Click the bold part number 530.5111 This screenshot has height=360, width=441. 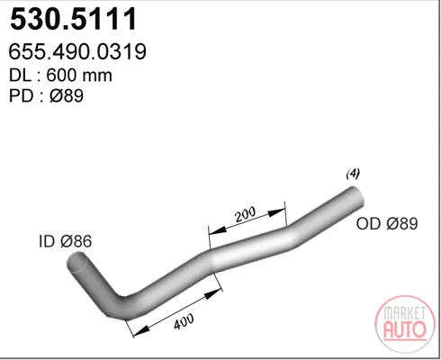(x=74, y=19)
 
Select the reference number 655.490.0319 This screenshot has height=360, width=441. (x=77, y=51)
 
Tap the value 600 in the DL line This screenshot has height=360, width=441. (x=61, y=75)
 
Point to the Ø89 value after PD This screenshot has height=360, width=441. (x=67, y=96)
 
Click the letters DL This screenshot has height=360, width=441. (x=20, y=75)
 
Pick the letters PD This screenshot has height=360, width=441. (x=21, y=96)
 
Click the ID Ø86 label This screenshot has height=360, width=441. (x=66, y=241)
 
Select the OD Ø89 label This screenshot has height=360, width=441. (x=387, y=223)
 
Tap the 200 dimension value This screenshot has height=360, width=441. (x=246, y=214)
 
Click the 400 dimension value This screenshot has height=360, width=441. (x=184, y=321)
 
